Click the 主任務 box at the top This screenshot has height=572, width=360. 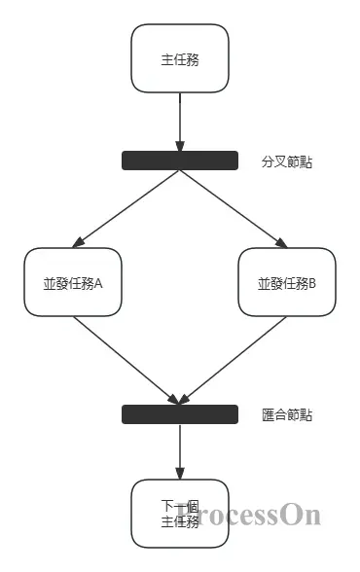(x=180, y=58)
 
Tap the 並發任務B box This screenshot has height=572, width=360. (x=286, y=282)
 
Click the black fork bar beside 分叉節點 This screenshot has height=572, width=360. (x=180, y=161)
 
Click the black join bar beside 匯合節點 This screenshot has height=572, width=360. (x=180, y=414)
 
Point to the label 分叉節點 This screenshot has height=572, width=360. (x=287, y=161)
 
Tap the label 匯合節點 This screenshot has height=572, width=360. (x=287, y=415)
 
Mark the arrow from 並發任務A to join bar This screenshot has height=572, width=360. (x=126, y=358)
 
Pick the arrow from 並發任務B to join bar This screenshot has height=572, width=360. (x=234, y=358)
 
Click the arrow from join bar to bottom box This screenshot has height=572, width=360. (x=180, y=449)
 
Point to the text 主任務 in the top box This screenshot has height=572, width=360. (x=180, y=59)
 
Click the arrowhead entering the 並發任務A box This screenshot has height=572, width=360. (x=78, y=244)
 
